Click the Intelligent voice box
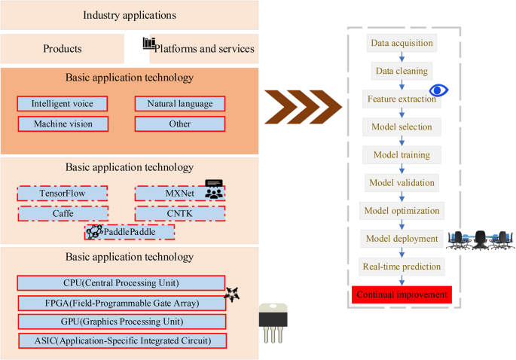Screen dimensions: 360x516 coord(62,104)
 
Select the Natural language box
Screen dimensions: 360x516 coord(180,104)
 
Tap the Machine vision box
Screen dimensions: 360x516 coord(62,124)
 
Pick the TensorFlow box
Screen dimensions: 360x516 coord(62,194)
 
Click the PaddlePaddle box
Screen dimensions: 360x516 coord(130,232)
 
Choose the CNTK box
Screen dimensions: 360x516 coord(180,214)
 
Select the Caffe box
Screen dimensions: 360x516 coord(62,214)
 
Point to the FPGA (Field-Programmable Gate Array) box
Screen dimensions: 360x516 coord(121,303)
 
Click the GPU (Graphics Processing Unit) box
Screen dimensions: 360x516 coord(121,322)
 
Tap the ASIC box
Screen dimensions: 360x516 coord(121,341)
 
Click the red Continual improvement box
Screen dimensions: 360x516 coord(402,294)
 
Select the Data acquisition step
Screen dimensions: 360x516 coord(402,43)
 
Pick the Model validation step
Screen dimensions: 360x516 coord(402,182)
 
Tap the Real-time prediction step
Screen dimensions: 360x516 coord(402,267)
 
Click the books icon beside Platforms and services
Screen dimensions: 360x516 coord(149,44)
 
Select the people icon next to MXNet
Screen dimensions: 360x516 coord(214,189)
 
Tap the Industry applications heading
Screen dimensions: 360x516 coord(130,15)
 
